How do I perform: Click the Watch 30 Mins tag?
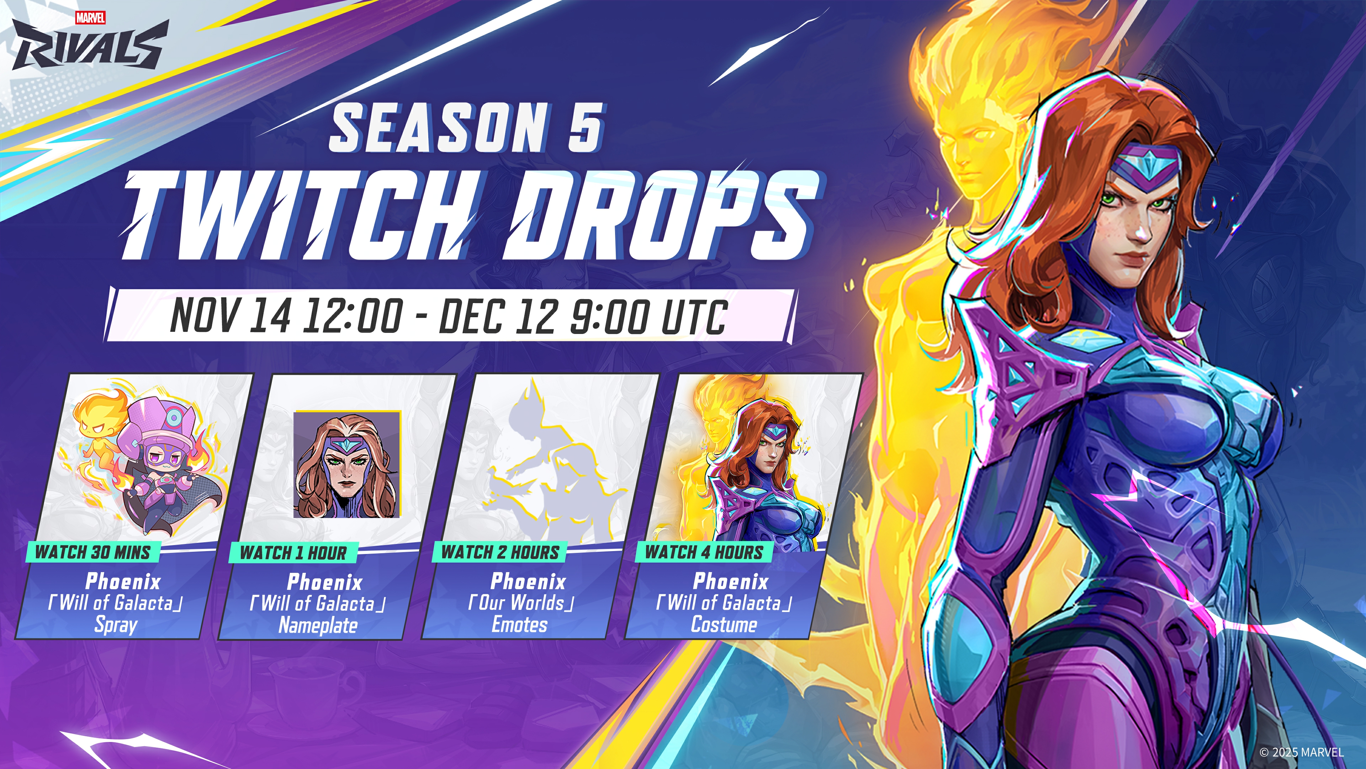coord(93,552)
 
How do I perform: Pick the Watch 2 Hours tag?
coord(500,552)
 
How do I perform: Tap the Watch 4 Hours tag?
coord(704,552)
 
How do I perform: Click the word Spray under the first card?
coord(116,625)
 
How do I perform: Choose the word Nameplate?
coord(318,625)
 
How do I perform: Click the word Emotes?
coord(520,625)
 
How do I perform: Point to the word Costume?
coord(724,625)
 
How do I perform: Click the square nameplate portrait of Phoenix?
coord(347,464)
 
